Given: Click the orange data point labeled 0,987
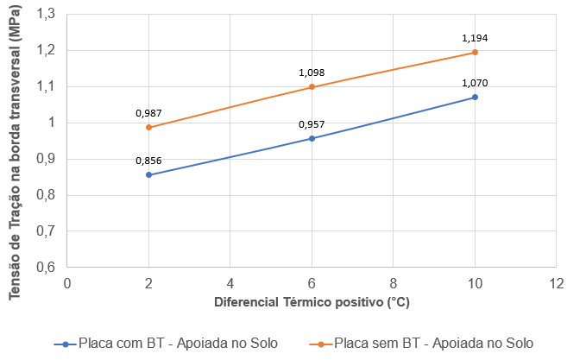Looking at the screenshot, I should click(x=149, y=127).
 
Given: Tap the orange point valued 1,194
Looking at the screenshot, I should click(x=475, y=53).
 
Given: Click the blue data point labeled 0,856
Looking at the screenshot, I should click(x=149, y=174).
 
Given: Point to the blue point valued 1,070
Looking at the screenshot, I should click(x=475, y=97).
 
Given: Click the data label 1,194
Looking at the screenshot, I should click(x=475, y=38).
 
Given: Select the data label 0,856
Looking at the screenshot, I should click(x=149, y=160).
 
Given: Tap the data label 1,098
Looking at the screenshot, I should click(x=312, y=73).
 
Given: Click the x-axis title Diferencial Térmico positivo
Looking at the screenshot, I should click(x=312, y=303).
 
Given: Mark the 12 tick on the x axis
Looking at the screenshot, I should click(x=556, y=282).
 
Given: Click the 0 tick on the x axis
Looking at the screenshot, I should click(x=67, y=282).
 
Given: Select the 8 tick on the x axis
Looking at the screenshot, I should click(x=394, y=282).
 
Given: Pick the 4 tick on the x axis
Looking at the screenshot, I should click(x=230, y=282).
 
